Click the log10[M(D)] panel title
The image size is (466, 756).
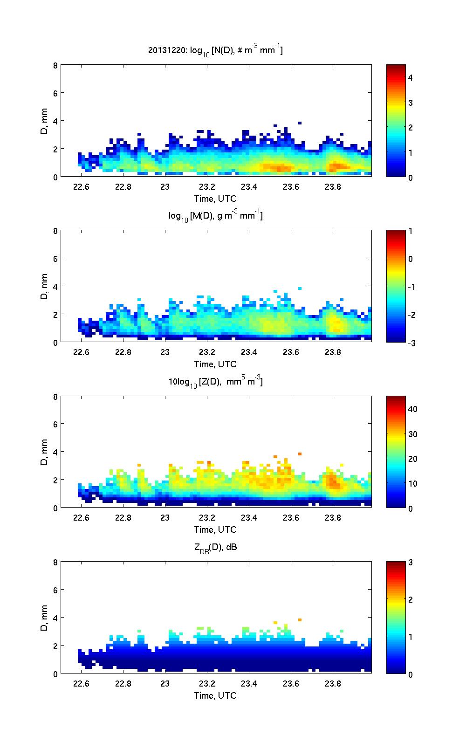(215, 216)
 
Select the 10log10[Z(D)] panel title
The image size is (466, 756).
(215, 382)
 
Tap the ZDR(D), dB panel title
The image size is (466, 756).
(215, 547)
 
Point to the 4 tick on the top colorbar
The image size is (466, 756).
(410, 78)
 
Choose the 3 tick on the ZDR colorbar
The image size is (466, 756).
(410, 563)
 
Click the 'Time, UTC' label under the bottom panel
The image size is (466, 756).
(215, 695)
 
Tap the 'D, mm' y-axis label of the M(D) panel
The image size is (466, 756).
(45, 286)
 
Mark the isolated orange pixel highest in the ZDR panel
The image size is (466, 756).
(300, 619)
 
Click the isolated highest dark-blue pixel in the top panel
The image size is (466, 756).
(300, 123)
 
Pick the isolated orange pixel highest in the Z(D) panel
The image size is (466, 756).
(300, 454)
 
